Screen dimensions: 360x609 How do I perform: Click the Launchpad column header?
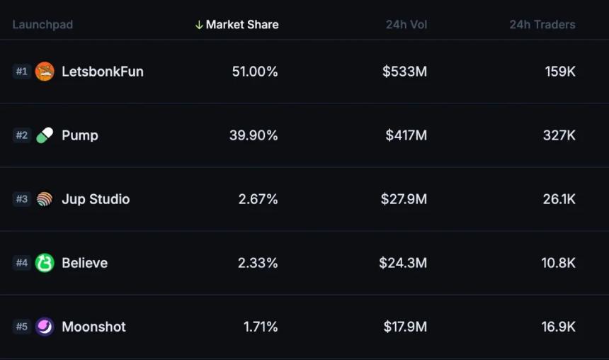[42, 25]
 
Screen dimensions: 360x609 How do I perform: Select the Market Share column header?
[242, 25]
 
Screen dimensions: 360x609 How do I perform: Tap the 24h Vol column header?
[406, 25]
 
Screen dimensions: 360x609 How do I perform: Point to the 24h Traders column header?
[542, 25]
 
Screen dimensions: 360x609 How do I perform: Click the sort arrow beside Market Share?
[199, 25]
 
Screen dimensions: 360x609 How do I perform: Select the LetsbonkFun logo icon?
[45, 72]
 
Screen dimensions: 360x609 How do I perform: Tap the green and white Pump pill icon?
[45, 135]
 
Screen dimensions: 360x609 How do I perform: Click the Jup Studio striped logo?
[45, 199]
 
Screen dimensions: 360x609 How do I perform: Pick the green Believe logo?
[45, 263]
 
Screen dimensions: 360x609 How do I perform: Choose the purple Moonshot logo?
[45, 327]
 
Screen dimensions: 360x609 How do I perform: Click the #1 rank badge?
[22, 72]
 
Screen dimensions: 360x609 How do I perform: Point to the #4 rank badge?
[22, 263]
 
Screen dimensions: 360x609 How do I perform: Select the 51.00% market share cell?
[255, 72]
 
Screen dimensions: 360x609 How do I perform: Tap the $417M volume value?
[406, 135]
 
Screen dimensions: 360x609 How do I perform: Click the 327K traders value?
[559, 135]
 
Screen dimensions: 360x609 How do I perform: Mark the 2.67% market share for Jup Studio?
[258, 199]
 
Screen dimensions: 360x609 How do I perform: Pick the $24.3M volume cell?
[402, 263]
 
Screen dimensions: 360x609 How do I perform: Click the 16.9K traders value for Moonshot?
[558, 327]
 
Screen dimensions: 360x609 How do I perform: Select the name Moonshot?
[93, 327]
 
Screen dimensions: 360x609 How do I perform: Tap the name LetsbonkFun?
[102, 72]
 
